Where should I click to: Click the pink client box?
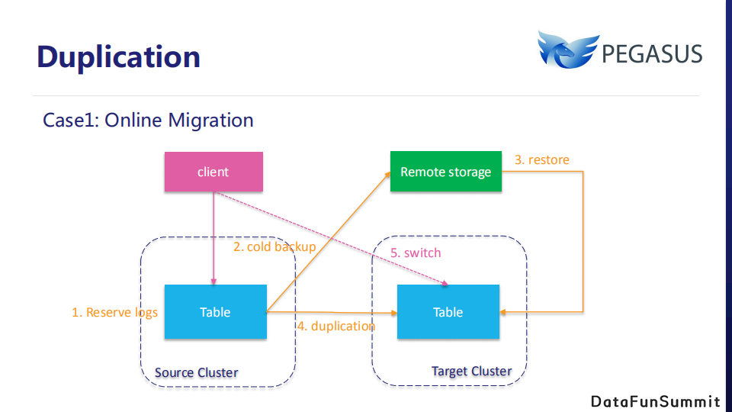click(x=213, y=172)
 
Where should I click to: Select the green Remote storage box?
click(x=446, y=171)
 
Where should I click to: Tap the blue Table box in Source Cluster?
click(x=215, y=311)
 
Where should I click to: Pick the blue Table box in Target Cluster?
click(x=448, y=311)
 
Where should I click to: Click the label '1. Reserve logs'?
click(x=114, y=313)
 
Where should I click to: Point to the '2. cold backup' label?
click(x=274, y=246)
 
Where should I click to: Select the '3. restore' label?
click(x=542, y=159)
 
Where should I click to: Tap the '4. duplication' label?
click(x=336, y=326)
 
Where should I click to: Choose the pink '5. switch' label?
click(x=416, y=253)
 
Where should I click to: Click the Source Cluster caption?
click(x=197, y=373)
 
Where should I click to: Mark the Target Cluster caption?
click(x=471, y=372)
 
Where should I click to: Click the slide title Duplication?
click(x=119, y=57)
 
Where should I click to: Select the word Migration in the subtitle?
click(x=210, y=121)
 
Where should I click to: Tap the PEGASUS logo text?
click(x=652, y=54)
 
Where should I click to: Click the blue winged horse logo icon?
click(x=568, y=50)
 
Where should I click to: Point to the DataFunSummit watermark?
click(x=656, y=402)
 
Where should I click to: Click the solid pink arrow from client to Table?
click(x=213, y=238)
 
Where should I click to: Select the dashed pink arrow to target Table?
click(x=332, y=238)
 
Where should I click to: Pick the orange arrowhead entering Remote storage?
click(x=387, y=175)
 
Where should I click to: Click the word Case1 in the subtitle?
click(x=70, y=121)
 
